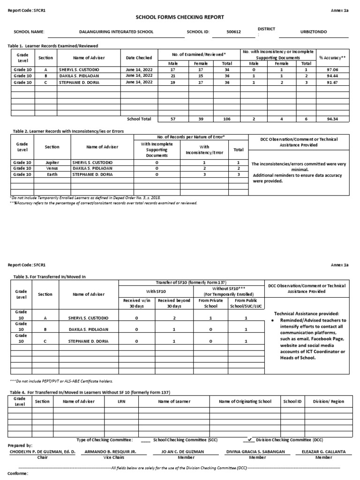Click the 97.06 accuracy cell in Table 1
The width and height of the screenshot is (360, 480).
[333, 69]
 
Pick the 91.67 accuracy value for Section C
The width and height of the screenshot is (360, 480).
[333, 82]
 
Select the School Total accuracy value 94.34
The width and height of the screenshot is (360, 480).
[333, 119]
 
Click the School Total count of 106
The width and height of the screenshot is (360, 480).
[227, 119]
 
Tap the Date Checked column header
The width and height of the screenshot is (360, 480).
[139, 58]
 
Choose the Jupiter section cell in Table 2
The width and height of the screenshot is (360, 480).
[52, 162]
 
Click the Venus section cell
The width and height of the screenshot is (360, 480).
[52, 168]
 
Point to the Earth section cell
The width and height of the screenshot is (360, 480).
[52, 174]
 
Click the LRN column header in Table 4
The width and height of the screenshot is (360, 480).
[121, 402]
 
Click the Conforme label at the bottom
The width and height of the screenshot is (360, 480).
[18, 473]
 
